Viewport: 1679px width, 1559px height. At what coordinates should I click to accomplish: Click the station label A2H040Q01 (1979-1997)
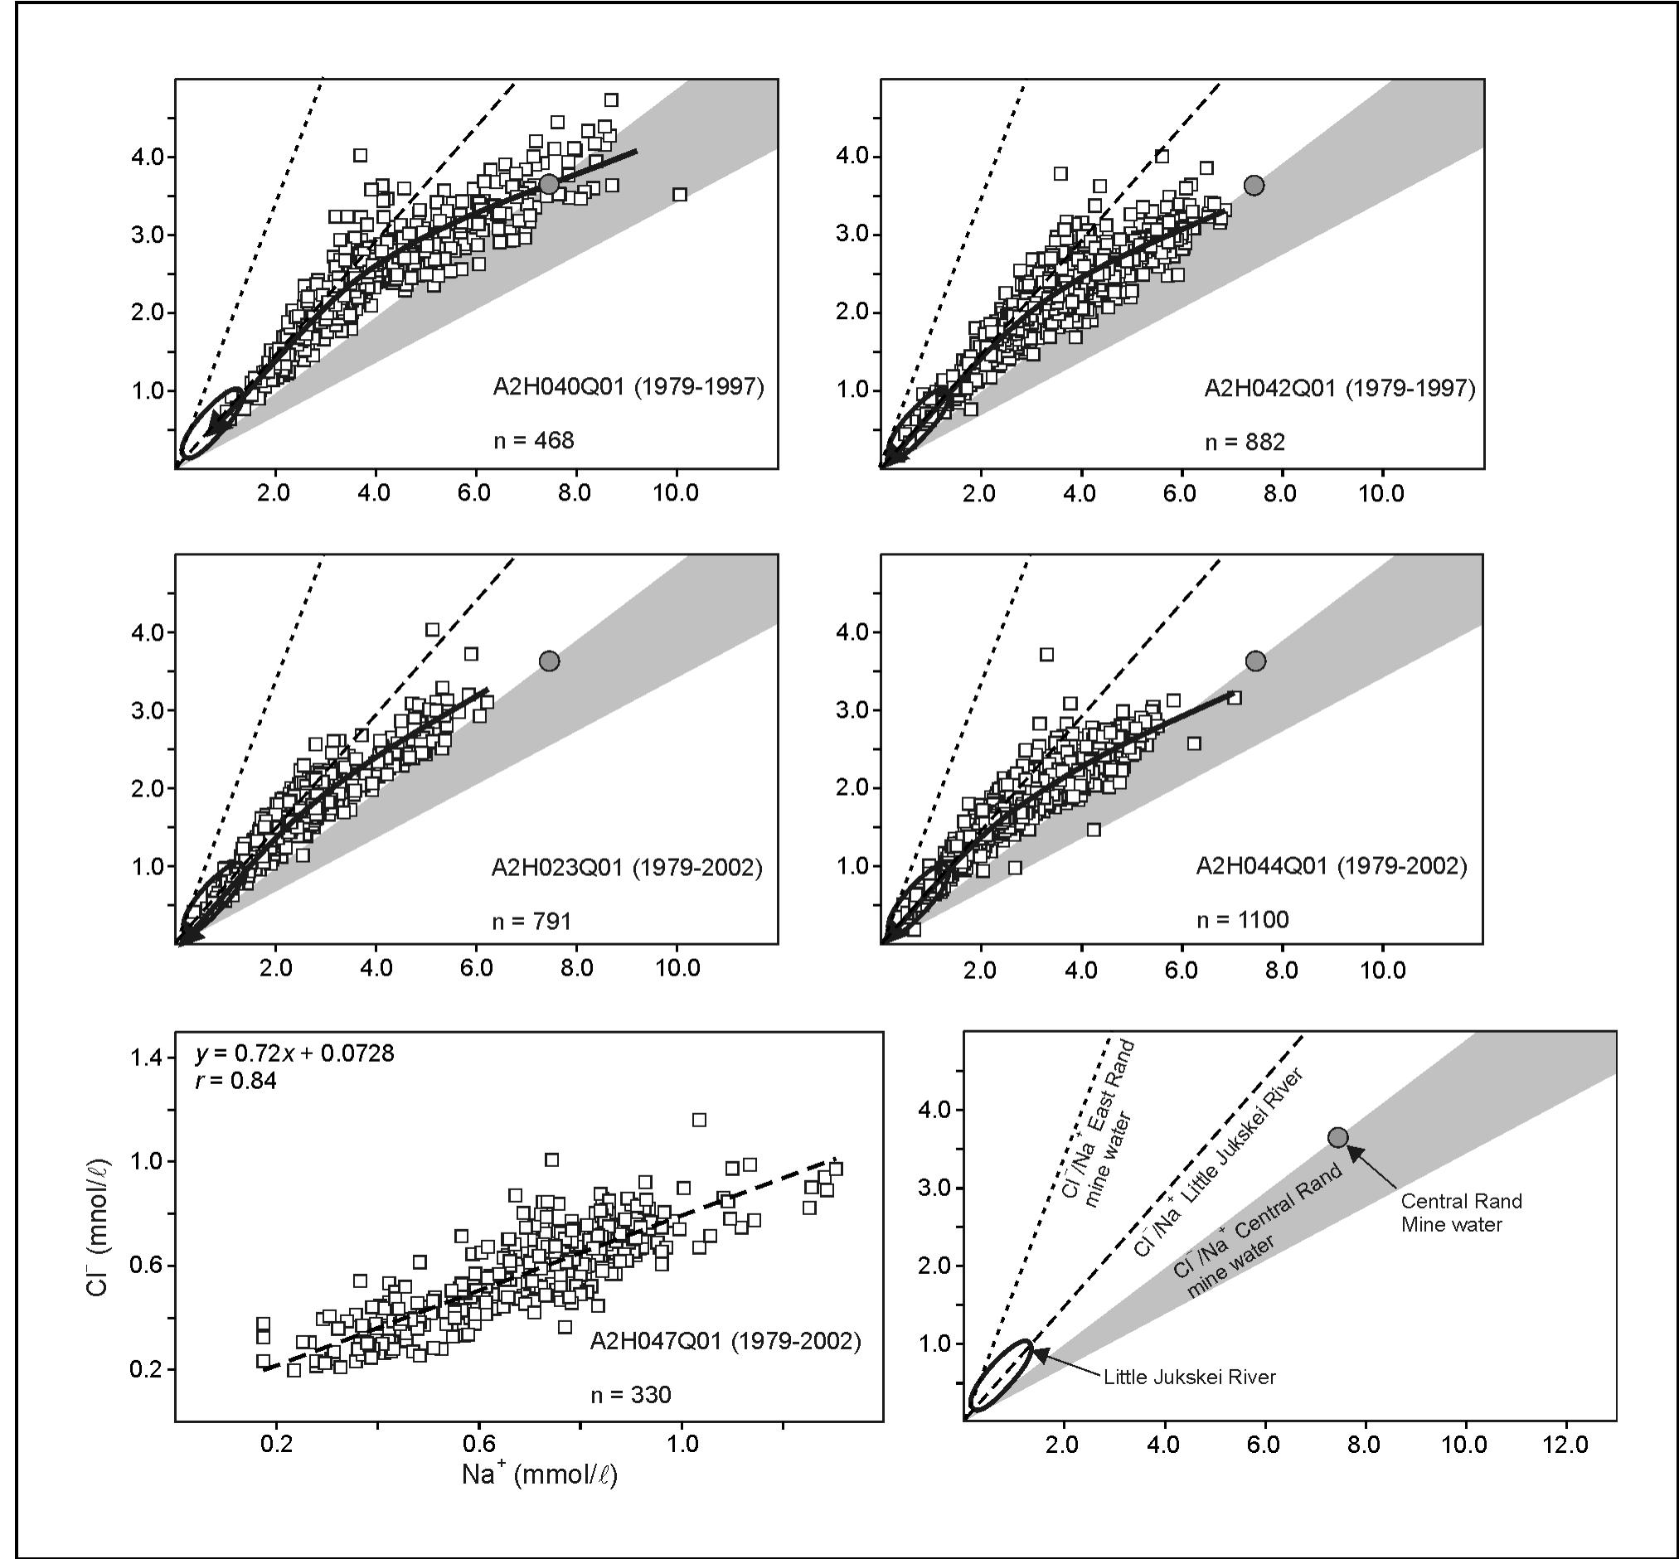click(628, 388)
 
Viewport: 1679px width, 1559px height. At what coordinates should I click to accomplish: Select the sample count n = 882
click(1245, 442)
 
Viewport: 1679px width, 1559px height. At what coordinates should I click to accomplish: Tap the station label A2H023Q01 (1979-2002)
click(627, 868)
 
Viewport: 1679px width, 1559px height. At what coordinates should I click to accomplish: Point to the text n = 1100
click(1243, 919)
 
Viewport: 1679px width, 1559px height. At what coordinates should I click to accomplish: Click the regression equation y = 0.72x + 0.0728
click(294, 1053)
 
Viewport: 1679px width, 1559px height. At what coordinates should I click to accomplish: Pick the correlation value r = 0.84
click(236, 1081)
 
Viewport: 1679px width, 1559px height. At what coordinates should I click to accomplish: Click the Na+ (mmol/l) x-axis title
click(539, 1474)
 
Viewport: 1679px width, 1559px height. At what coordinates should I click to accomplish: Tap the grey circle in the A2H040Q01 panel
click(549, 185)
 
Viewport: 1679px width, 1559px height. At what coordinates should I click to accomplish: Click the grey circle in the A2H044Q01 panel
click(1255, 661)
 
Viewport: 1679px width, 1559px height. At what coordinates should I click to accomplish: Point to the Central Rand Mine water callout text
click(1461, 1213)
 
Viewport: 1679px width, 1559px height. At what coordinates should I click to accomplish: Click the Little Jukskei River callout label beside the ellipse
click(1190, 1377)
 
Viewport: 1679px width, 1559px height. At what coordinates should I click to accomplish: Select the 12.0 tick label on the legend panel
click(1565, 1445)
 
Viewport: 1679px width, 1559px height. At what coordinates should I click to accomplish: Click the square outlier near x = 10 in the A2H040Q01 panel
click(680, 195)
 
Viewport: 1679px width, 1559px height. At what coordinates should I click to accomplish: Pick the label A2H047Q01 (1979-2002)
click(725, 1341)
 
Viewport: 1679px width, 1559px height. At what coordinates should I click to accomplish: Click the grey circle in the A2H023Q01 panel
click(549, 661)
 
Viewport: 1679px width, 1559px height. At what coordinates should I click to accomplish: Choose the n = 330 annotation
click(630, 1396)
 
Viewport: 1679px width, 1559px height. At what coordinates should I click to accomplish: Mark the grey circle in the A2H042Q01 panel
click(1254, 186)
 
